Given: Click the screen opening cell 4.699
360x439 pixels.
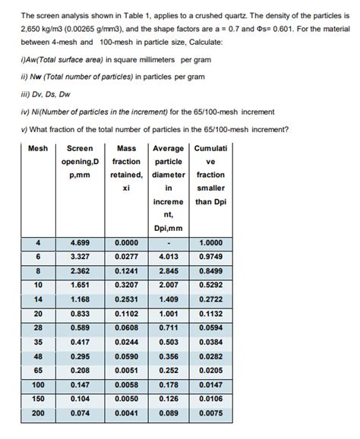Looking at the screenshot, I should click(x=80, y=243).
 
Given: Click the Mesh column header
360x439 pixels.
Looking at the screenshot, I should click(x=38, y=148).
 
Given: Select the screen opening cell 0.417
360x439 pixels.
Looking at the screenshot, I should click(x=80, y=343).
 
